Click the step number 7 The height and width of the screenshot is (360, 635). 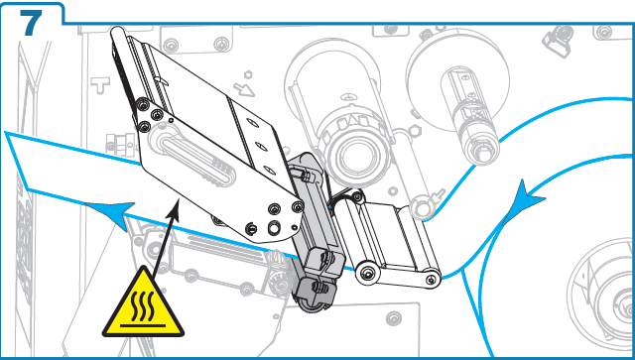tap(31, 23)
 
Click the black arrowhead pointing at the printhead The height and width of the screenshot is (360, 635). tap(175, 207)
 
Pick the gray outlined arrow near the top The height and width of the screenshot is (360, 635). tap(244, 89)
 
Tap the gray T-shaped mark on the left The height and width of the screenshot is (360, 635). tap(99, 85)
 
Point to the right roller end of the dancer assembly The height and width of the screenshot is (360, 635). tap(431, 278)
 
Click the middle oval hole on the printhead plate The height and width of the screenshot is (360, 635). tap(261, 147)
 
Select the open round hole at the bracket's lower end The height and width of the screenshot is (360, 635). tap(274, 227)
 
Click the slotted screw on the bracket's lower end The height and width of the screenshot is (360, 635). tap(251, 228)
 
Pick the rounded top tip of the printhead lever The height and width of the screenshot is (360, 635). tap(117, 32)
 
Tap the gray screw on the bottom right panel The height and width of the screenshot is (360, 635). tap(394, 318)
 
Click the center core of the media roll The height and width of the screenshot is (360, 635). tap(625, 307)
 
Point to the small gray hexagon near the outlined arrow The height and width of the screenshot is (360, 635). tap(248, 74)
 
